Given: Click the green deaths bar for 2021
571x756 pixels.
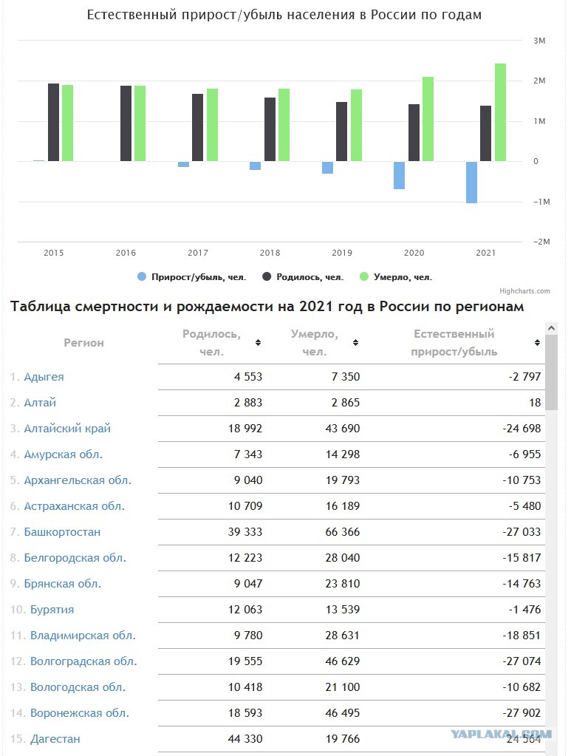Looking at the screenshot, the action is click(500, 112).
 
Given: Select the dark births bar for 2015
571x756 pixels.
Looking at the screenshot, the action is click(53, 123).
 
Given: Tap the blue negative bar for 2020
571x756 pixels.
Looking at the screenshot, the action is click(399, 175).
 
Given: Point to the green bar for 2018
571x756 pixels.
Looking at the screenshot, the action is click(284, 125).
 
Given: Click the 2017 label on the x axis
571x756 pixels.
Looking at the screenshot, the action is click(198, 253).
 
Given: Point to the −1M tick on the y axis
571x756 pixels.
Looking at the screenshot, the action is click(541, 202).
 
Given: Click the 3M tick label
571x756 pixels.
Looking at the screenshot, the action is click(539, 41).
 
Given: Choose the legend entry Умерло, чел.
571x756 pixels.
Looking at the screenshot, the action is click(396, 276).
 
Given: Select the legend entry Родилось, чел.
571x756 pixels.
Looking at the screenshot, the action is click(303, 276).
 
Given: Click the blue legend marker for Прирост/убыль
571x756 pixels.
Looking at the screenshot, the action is click(142, 276).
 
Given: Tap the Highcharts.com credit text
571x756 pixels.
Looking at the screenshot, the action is click(524, 290).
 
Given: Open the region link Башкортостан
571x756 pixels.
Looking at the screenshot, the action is click(62, 532).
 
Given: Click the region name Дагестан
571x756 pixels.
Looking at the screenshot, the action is click(55, 739).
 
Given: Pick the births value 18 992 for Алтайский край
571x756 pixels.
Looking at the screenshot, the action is click(245, 428).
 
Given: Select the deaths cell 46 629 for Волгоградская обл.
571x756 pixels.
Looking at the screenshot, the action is click(343, 661).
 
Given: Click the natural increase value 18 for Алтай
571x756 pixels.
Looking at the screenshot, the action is click(535, 403).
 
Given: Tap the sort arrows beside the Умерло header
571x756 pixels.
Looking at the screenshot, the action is click(355, 342).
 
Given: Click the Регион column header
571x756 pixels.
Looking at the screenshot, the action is click(84, 343).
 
